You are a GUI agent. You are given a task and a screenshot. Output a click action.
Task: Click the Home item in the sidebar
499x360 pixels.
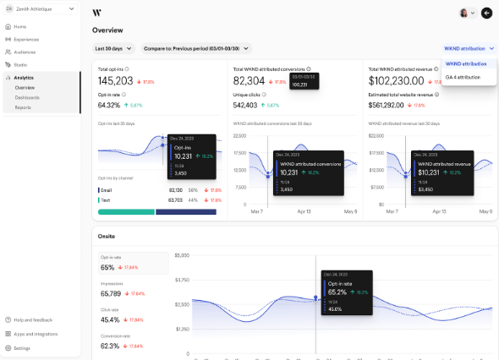(x=19, y=27)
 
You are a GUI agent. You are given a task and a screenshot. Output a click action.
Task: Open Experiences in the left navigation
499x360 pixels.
(x=25, y=39)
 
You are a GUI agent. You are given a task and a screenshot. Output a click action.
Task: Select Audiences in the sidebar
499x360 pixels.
(x=25, y=52)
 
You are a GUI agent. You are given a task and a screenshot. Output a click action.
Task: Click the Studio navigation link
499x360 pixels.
(x=20, y=64)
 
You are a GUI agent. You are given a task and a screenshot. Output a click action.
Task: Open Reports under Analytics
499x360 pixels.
(x=23, y=107)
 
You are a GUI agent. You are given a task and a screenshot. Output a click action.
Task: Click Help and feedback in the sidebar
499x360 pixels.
(x=32, y=319)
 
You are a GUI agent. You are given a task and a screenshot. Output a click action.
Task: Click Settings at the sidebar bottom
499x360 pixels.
(x=21, y=347)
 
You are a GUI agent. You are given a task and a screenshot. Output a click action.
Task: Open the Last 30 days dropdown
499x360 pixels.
(x=114, y=49)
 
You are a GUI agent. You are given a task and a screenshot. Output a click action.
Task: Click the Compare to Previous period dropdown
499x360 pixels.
(x=196, y=49)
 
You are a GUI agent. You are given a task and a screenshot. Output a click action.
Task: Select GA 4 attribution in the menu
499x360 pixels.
(x=463, y=77)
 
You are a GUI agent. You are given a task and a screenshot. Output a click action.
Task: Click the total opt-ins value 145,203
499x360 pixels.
(x=116, y=81)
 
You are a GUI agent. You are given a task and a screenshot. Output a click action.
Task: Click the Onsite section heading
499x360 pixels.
(x=107, y=236)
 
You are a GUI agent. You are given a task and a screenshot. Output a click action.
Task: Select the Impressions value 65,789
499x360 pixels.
(x=111, y=293)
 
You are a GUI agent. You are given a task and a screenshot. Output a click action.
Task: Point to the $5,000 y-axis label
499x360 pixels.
(x=183, y=254)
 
